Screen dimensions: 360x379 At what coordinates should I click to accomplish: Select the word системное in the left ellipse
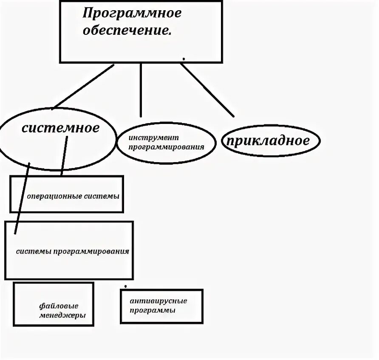coord(60,128)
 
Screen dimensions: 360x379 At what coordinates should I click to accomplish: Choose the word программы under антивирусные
coord(153,310)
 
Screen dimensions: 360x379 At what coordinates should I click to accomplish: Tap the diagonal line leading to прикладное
coord(207,90)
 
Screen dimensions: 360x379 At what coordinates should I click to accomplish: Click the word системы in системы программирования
coord(34,251)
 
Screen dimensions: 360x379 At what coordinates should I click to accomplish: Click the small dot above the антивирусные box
coord(125,286)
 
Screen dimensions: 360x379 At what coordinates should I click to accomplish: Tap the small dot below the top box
coord(184,58)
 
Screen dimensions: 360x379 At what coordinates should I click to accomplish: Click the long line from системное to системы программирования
coord(23,197)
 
